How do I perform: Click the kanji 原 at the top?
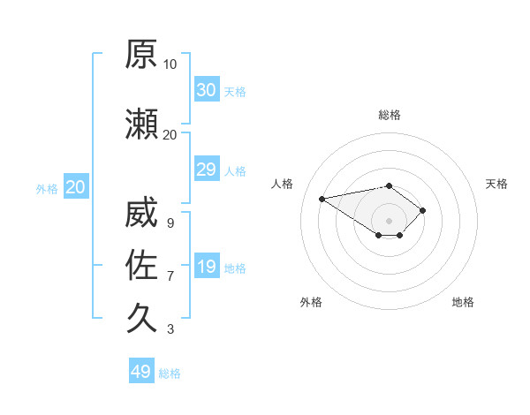click(x=141, y=54)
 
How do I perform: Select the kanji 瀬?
click(x=141, y=124)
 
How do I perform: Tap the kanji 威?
click(x=141, y=212)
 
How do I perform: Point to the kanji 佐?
click(x=141, y=265)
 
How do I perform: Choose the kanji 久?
click(x=141, y=318)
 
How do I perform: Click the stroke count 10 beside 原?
click(x=170, y=64)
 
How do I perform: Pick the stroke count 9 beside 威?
click(x=170, y=223)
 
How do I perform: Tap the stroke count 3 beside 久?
click(x=170, y=328)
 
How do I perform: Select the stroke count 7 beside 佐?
click(x=170, y=276)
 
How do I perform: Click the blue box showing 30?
click(x=207, y=89)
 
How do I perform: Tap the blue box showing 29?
click(x=207, y=169)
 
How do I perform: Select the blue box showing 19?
click(x=207, y=265)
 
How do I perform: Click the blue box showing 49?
click(x=141, y=370)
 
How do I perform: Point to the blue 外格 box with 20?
click(x=76, y=186)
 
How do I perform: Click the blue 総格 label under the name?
click(x=170, y=373)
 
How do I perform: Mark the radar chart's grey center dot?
click(x=389, y=221)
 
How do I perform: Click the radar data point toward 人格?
click(x=322, y=199)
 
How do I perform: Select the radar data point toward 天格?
click(x=422, y=210)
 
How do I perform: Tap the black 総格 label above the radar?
click(x=390, y=115)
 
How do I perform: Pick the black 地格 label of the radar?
click(x=463, y=302)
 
